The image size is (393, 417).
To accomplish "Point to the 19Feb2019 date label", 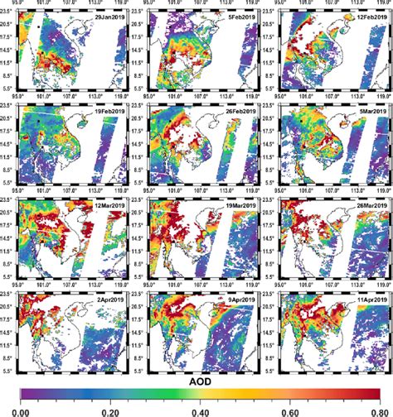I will (107, 112).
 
